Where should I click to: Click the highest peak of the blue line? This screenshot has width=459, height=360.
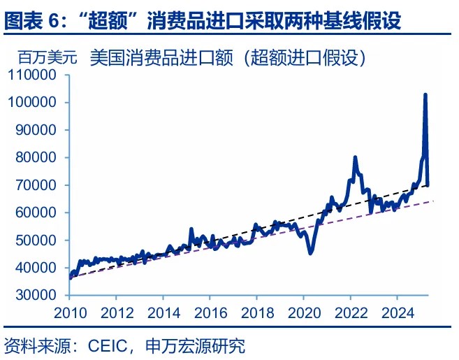pos(425,94)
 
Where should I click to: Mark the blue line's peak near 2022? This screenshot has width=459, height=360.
pos(355,157)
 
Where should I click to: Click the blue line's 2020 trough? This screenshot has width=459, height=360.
pos(310,253)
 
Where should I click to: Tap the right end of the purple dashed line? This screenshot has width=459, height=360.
pos(434,201)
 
